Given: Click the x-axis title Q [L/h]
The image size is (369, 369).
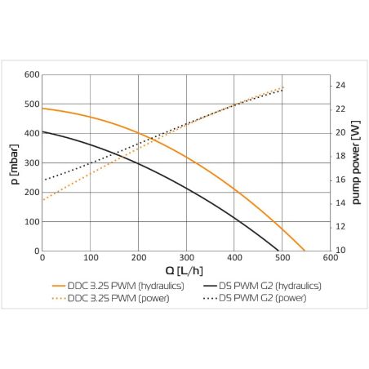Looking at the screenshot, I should [x=186, y=271].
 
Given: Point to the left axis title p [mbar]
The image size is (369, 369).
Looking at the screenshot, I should [x=15, y=163].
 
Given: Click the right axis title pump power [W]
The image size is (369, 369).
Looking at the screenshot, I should [x=355, y=163].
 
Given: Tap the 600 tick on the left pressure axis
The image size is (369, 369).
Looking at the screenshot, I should [x=32, y=74].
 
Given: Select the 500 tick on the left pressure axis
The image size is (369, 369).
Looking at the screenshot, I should [x=32, y=104].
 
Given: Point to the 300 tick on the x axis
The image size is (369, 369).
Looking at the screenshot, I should [x=187, y=259].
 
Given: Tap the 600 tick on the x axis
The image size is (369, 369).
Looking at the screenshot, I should [x=331, y=259].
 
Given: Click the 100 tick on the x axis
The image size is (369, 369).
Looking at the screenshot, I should [x=91, y=259].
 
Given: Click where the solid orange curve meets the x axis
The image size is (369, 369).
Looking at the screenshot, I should [x=305, y=251].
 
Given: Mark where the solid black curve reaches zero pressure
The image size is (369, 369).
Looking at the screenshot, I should [x=279, y=251].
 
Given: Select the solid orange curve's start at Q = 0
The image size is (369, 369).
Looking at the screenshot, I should [x=42, y=109].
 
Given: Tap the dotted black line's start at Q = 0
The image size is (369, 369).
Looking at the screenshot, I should [x=42, y=180].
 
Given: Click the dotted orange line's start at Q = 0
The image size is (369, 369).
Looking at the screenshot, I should [x=42, y=200].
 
